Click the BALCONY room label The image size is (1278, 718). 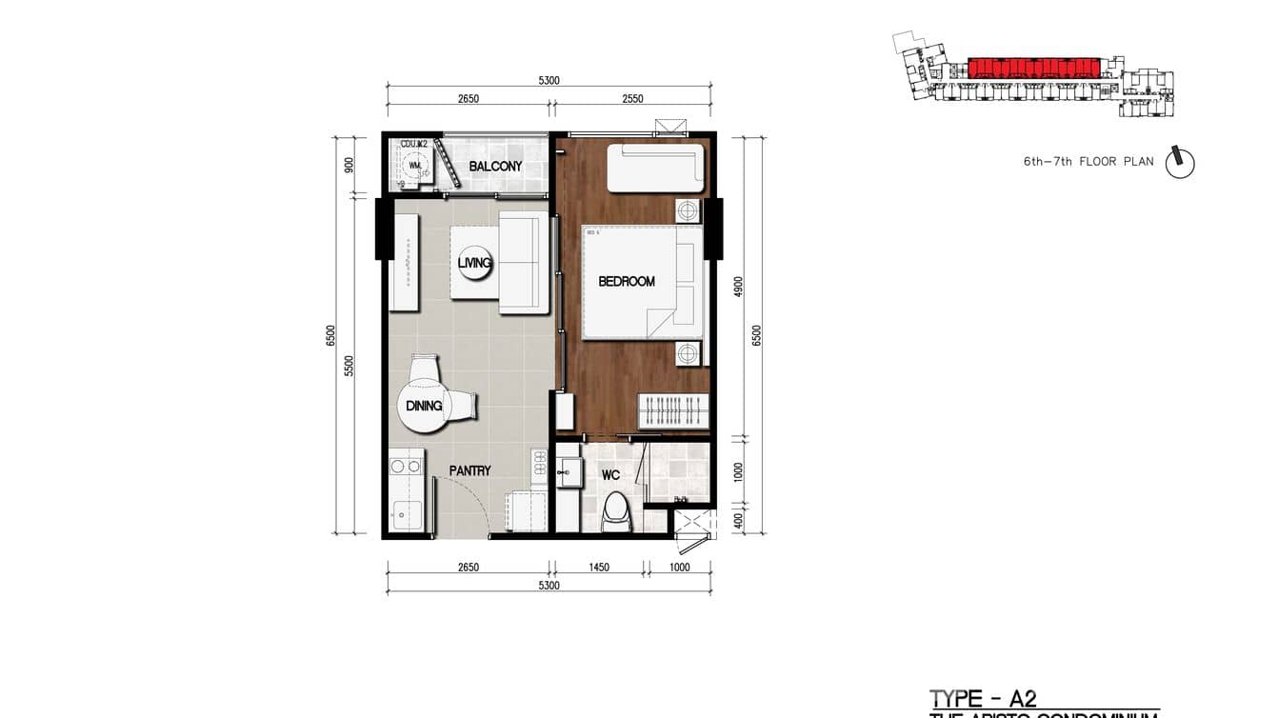(x=495, y=167)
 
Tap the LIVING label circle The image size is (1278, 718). (x=474, y=263)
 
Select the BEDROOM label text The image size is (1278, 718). (x=627, y=282)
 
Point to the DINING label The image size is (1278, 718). (x=424, y=406)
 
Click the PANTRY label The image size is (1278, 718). (x=469, y=470)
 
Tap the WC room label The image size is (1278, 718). (x=610, y=474)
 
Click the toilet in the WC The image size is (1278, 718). (x=616, y=513)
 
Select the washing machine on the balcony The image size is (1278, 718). (x=414, y=166)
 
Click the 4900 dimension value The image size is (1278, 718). (x=738, y=288)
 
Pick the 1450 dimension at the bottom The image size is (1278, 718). (x=599, y=568)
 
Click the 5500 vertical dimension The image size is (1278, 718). (x=349, y=367)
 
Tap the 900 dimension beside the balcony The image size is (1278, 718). (x=349, y=165)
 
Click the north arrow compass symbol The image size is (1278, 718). (x=1181, y=161)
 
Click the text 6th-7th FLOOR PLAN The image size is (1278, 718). (x=1088, y=162)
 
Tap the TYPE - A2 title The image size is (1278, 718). (x=983, y=699)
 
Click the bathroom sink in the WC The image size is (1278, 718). (x=569, y=470)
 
